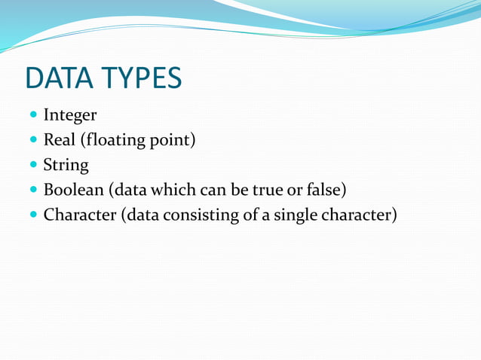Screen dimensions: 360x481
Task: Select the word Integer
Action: (70, 116)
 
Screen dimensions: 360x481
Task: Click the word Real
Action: (58, 140)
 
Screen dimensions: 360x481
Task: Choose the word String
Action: (66, 165)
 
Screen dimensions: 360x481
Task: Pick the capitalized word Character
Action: (79, 215)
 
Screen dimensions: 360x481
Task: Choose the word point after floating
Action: (173, 141)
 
